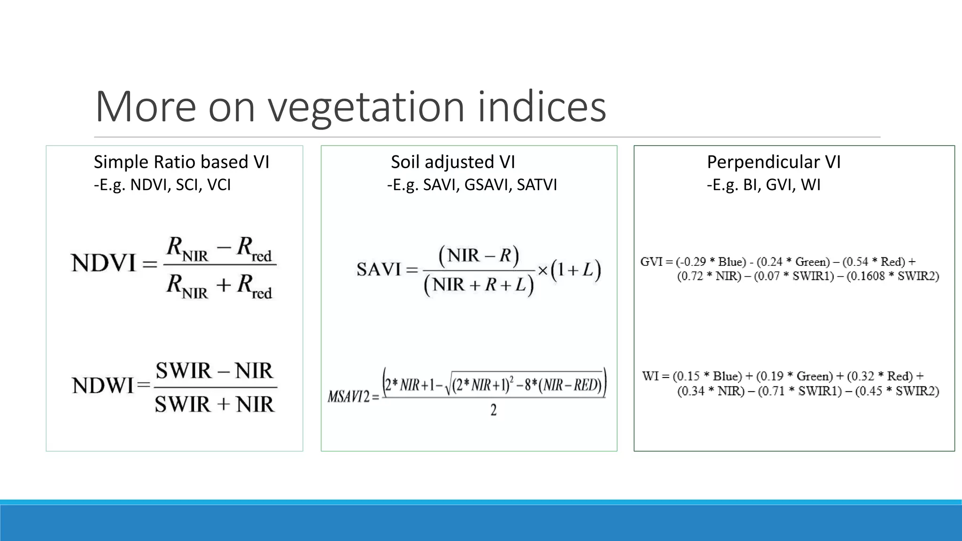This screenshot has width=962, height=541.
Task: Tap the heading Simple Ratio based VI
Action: coord(181,162)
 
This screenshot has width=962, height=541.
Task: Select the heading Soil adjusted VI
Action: coord(453,162)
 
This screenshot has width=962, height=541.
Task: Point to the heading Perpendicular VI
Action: coord(774,162)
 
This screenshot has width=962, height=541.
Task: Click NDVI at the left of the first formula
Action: coord(104,263)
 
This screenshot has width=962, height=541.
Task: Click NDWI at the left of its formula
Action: coord(103,386)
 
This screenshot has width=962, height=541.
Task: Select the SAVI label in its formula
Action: coord(378,270)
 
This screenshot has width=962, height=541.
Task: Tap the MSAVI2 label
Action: coord(348,397)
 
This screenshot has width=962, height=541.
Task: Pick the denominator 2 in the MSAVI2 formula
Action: coord(493,410)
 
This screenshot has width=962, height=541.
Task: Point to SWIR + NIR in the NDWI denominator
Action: coord(214,404)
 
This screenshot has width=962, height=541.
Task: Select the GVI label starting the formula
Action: coord(651,262)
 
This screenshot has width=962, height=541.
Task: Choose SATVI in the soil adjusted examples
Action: coord(536,185)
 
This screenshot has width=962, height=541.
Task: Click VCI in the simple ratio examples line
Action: coord(218,185)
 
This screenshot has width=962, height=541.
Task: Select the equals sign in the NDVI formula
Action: coord(149,264)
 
